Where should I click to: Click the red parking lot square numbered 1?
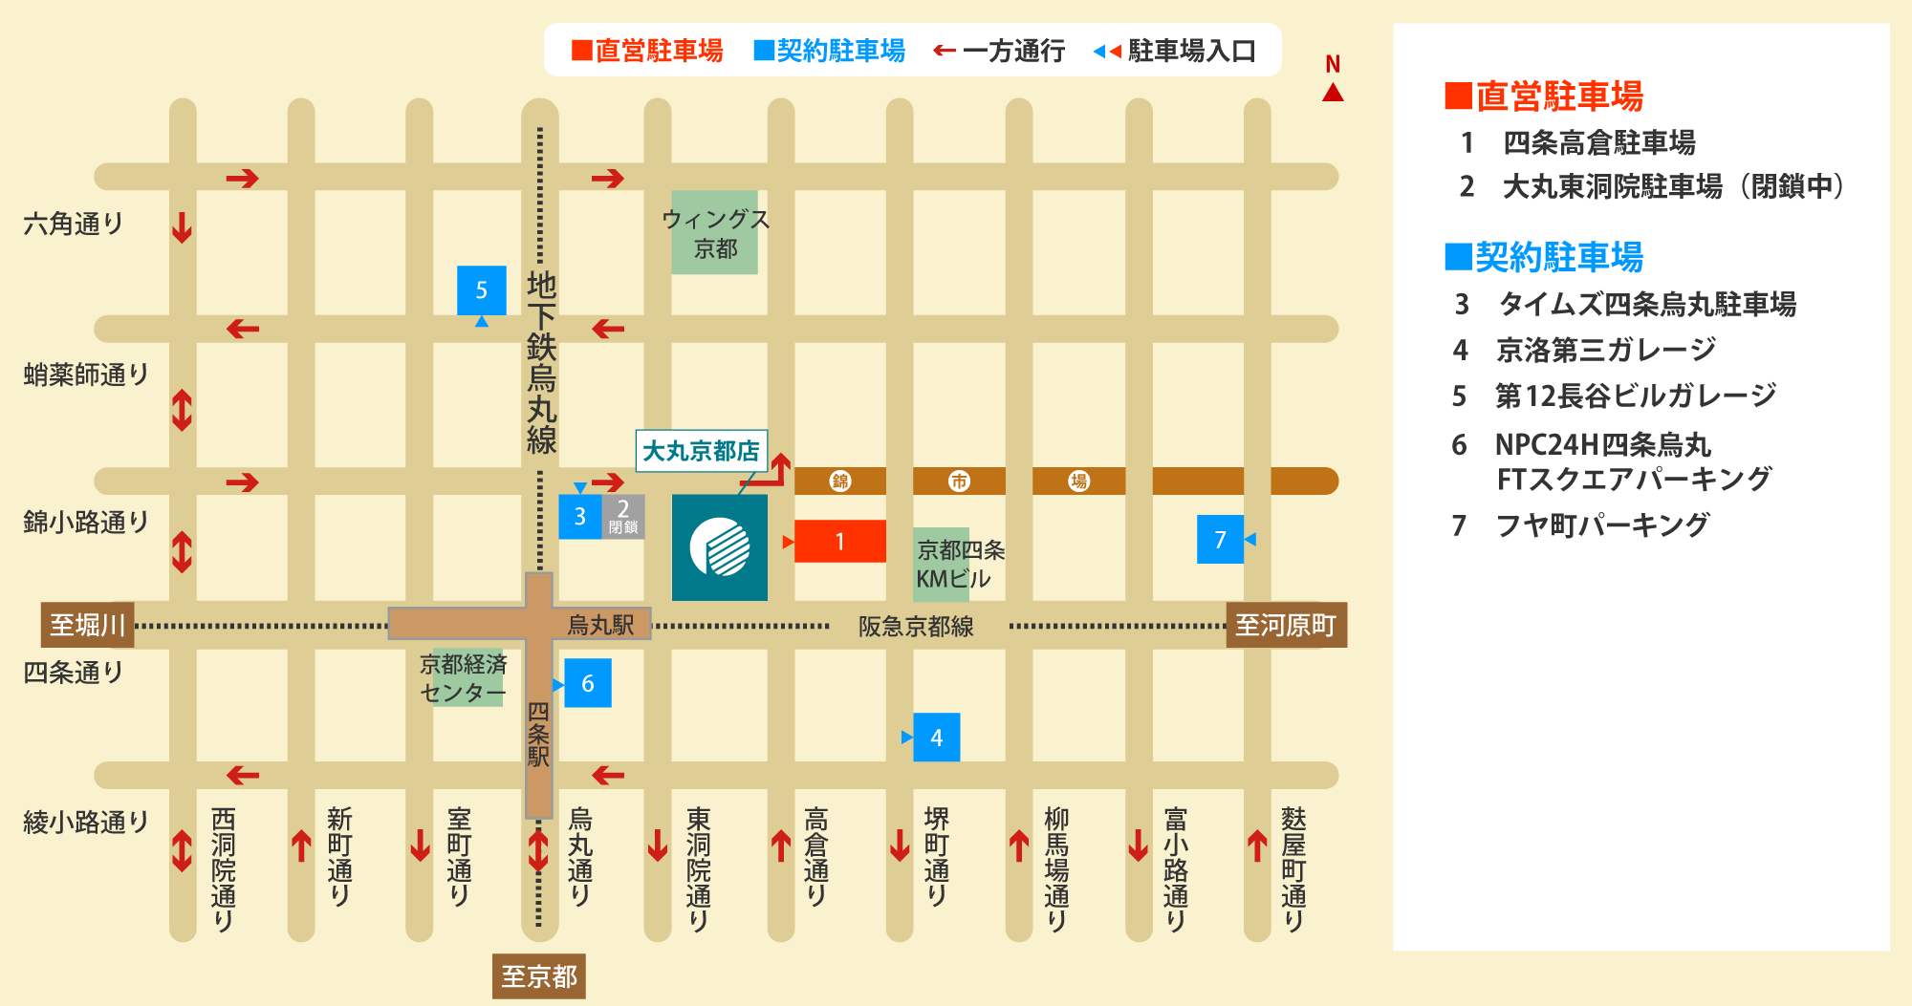click(x=839, y=541)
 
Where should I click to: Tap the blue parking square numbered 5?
click(x=481, y=290)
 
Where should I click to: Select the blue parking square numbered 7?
click(x=1220, y=539)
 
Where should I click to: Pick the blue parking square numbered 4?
click(x=936, y=737)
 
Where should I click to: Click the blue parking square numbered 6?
click(x=587, y=683)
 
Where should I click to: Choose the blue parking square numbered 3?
click(x=579, y=516)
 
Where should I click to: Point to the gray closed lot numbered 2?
click(x=623, y=516)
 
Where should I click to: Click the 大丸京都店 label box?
click(x=701, y=450)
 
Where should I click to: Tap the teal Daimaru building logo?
click(x=719, y=546)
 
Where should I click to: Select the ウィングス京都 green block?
click(x=714, y=233)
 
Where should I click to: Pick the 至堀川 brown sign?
click(x=87, y=625)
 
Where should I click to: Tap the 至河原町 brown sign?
click(x=1286, y=625)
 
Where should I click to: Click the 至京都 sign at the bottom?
click(x=538, y=976)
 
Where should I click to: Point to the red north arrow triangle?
click(x=1333, y=93)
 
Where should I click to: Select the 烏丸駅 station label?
click(x=600, y=625)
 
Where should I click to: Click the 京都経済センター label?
click(x=464, y=677)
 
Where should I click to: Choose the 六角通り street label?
click(x=74, y=224)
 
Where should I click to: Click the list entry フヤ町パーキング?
click(x=1602, y=524)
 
